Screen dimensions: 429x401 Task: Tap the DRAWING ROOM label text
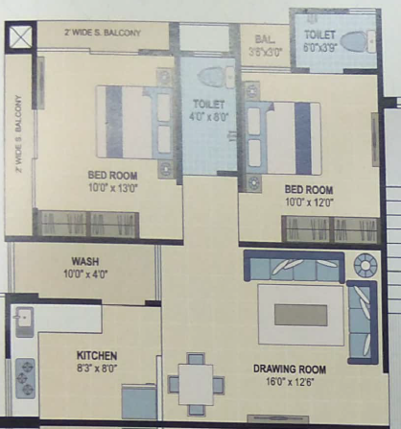(289, 369)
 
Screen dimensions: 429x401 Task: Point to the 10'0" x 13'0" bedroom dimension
(112, 188)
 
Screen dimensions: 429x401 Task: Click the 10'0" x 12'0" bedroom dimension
(309, 202)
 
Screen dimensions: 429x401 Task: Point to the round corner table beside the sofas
(366, 265)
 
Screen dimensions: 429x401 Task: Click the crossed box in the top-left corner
(19, 39)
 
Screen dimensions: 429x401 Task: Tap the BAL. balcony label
(265, 39)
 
